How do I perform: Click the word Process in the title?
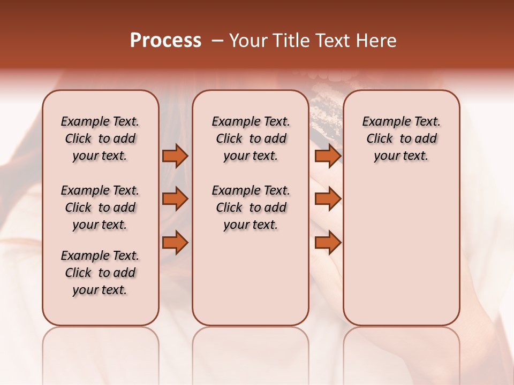pos(165,41)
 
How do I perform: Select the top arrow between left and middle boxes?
pos(175,156)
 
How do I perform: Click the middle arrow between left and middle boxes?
pos(175,199)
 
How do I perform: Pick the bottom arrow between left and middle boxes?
pos(175,242)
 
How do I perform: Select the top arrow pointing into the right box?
pos(328,156)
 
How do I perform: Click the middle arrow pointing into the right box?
pos(328,199)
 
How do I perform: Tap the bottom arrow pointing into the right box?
pos(328,242)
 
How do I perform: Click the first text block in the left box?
pos(100,138)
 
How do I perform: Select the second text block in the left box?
pos(100,207)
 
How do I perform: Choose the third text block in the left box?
pos(100,273)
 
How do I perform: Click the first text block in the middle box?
pos(251,138)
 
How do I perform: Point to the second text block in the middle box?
pos(251,207)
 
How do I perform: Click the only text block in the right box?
pos(401,138)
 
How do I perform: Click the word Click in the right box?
pos(380,139)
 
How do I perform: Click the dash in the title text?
pos(217,41)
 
